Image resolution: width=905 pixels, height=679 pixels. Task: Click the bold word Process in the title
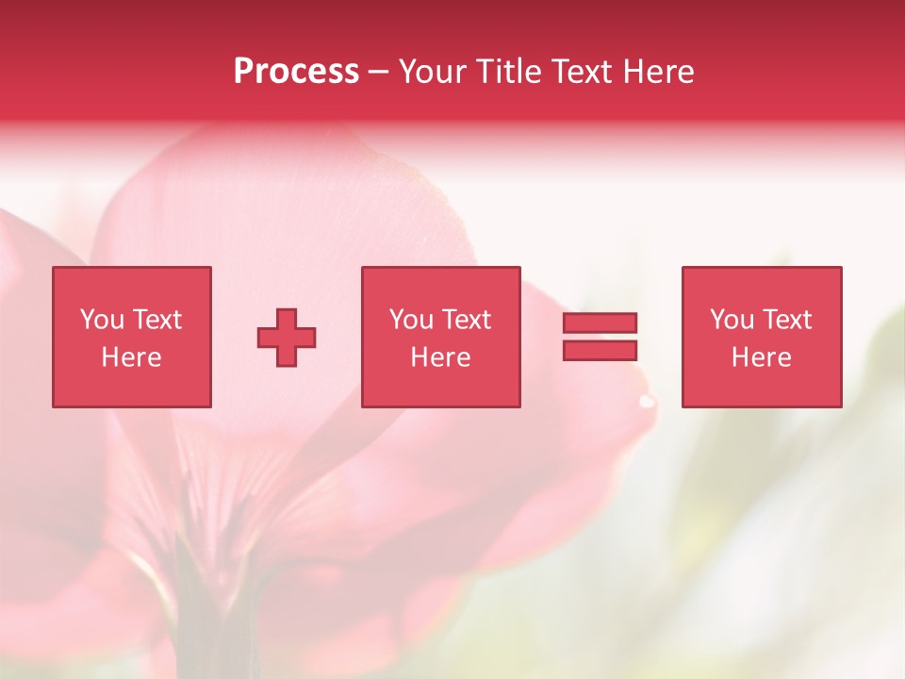pos(296,72)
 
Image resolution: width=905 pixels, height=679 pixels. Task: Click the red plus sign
pos(287,338)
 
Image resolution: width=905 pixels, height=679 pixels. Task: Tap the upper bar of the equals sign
pos(600,323)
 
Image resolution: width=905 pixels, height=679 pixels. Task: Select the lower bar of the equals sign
pos(600,350)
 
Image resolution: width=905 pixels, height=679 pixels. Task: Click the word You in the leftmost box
pos(102,320)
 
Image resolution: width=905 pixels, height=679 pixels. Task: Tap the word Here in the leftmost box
pos(131,357)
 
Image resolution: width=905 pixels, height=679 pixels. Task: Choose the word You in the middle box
pos(411,320)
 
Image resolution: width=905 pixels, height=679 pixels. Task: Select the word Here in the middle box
pos(440,357)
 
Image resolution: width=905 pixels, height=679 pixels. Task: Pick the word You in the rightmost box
pos(732,320)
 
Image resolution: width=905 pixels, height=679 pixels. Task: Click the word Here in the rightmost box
pos(761,357)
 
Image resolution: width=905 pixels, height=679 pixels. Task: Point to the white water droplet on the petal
pos(646,401)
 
